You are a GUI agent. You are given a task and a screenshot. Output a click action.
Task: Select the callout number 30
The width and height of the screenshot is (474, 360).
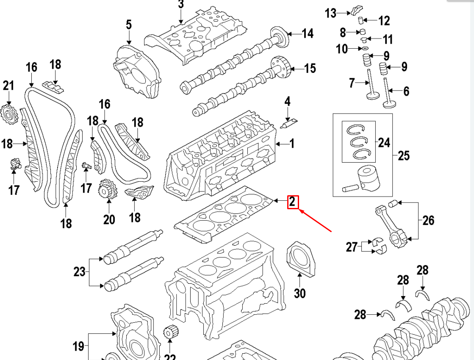coord(299,293)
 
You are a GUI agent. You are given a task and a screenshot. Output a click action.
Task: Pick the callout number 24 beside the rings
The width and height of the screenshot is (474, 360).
coord(384,142)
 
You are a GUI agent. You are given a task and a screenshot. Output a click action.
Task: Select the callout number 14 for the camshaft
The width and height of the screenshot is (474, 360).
coord(308,33)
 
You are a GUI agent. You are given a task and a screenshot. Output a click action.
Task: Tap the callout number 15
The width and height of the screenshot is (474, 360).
coord(310,68)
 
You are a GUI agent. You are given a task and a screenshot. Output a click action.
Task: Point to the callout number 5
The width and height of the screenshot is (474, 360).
coord(129,25)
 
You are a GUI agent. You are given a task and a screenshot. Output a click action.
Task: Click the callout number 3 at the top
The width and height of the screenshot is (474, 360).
coord(181,5)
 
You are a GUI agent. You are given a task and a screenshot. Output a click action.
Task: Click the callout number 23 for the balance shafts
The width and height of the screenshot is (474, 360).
coord(79,271)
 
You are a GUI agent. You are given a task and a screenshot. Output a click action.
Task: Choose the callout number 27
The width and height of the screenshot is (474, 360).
coord(352,246)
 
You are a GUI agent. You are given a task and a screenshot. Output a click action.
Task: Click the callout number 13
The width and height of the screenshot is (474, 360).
coord(330,13)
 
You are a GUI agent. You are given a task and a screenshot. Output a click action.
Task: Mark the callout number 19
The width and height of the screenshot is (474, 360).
coord(78,346)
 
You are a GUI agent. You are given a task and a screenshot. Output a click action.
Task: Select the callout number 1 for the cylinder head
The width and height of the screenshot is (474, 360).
coord(292,144)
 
